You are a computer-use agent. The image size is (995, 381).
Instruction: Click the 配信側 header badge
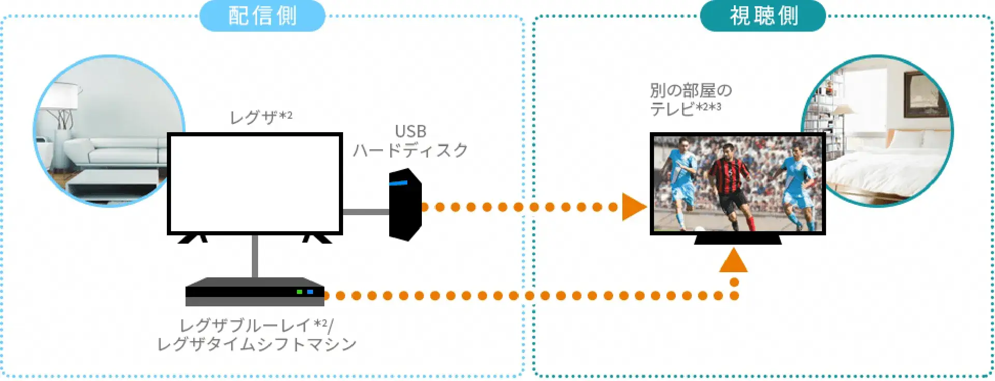point(262,16)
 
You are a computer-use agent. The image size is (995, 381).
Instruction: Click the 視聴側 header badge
point(763,16)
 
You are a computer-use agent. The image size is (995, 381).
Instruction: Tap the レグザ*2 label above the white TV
point(261,117)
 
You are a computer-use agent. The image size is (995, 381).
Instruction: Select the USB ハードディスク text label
point(410,140)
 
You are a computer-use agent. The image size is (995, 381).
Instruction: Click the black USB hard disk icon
point(405,205)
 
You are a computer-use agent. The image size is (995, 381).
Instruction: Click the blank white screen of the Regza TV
point(254,184)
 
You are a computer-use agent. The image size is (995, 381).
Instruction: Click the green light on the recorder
point(299,292)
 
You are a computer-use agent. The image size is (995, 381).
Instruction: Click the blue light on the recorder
point(310,292)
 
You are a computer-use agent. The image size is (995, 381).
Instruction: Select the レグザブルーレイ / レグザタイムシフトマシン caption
point(257,335)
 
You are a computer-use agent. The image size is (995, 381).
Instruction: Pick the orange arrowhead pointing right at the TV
point(633,207)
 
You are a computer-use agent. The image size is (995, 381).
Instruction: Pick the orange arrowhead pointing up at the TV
point(733,261)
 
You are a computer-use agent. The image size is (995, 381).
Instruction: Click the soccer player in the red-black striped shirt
point(730,181)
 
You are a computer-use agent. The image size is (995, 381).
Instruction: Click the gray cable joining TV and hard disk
point(366,211)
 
